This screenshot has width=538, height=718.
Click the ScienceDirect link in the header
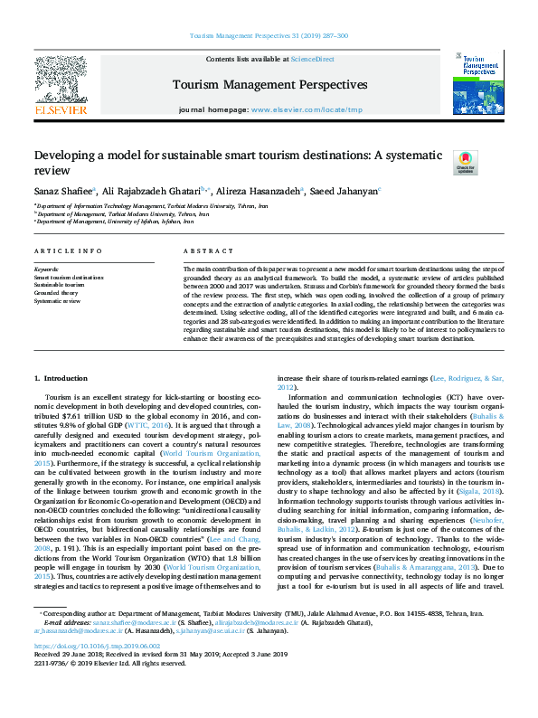[312, 59]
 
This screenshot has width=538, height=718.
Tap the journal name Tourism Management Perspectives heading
[269, 85]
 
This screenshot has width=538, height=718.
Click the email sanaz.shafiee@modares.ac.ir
[136, 623]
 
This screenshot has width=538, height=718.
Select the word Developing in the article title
[69, 156]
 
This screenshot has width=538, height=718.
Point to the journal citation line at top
[269, 35]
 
